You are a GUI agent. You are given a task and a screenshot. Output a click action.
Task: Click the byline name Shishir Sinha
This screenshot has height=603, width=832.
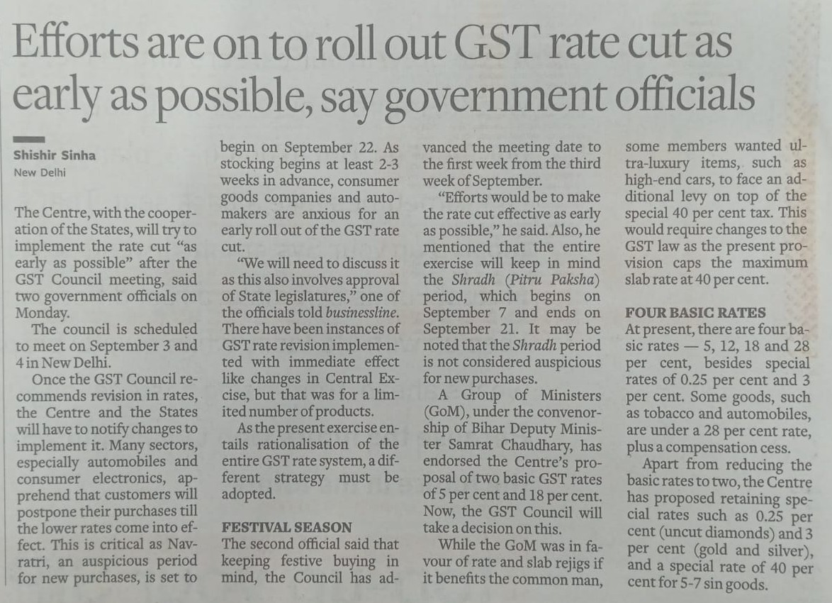pos(52,155)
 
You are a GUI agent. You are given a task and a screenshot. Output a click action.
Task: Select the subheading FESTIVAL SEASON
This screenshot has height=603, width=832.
pos(287,527)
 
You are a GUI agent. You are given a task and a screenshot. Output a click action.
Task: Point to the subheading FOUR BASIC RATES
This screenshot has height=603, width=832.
pos(695,312)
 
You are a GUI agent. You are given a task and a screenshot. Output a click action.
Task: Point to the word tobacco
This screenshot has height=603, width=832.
pos(676,414)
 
